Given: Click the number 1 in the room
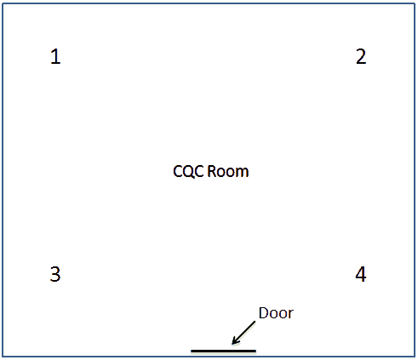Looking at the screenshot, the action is point(55,56).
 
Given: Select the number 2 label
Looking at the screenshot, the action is point(361,56).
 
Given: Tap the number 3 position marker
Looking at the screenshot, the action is point(55,274).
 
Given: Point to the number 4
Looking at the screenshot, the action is point(361,274).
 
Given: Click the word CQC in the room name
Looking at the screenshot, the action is point(188,172).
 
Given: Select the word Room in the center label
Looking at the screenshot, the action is point(228,172).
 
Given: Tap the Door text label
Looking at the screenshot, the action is point(276,313).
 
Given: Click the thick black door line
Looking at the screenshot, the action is point(223,351).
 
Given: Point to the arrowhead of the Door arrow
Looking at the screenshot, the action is point(232,344).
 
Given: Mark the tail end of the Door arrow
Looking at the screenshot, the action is point(255,322).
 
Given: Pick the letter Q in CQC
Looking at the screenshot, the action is point(189,172).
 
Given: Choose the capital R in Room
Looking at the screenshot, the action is point(211,172).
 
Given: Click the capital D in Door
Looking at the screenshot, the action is point(264,313).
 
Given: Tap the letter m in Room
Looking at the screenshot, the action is point(243,174).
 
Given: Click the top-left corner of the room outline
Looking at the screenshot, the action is point(3,3).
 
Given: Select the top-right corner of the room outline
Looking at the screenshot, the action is point(415,3).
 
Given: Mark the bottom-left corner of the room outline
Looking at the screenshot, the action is point(3,357).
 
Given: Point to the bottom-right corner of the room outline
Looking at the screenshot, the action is point(415,357).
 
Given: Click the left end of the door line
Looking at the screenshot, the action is point(191,351).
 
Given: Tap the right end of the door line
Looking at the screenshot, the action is point(256,351).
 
